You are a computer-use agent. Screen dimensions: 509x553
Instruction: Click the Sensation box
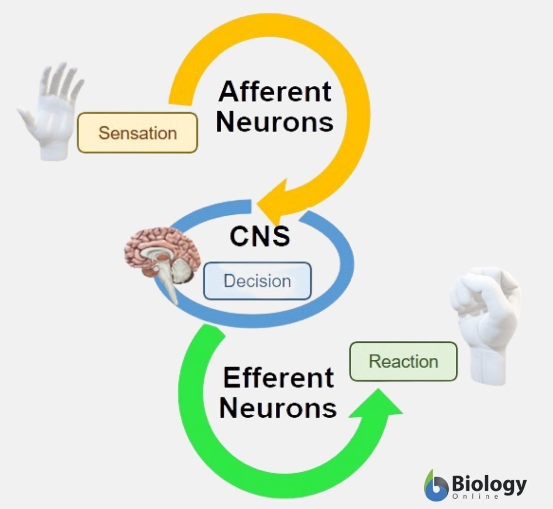point(138,133)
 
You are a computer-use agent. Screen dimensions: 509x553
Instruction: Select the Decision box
point(257,281)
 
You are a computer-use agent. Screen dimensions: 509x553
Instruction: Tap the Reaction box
point(403,362)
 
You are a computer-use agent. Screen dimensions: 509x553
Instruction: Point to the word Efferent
point(278,378)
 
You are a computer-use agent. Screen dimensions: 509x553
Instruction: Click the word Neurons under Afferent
point(275,122)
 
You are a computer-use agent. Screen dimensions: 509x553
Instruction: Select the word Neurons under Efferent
point(278,408)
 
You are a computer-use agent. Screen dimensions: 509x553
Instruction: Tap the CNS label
point(260,236)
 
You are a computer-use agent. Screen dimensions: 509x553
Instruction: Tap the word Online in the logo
point(476,496)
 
